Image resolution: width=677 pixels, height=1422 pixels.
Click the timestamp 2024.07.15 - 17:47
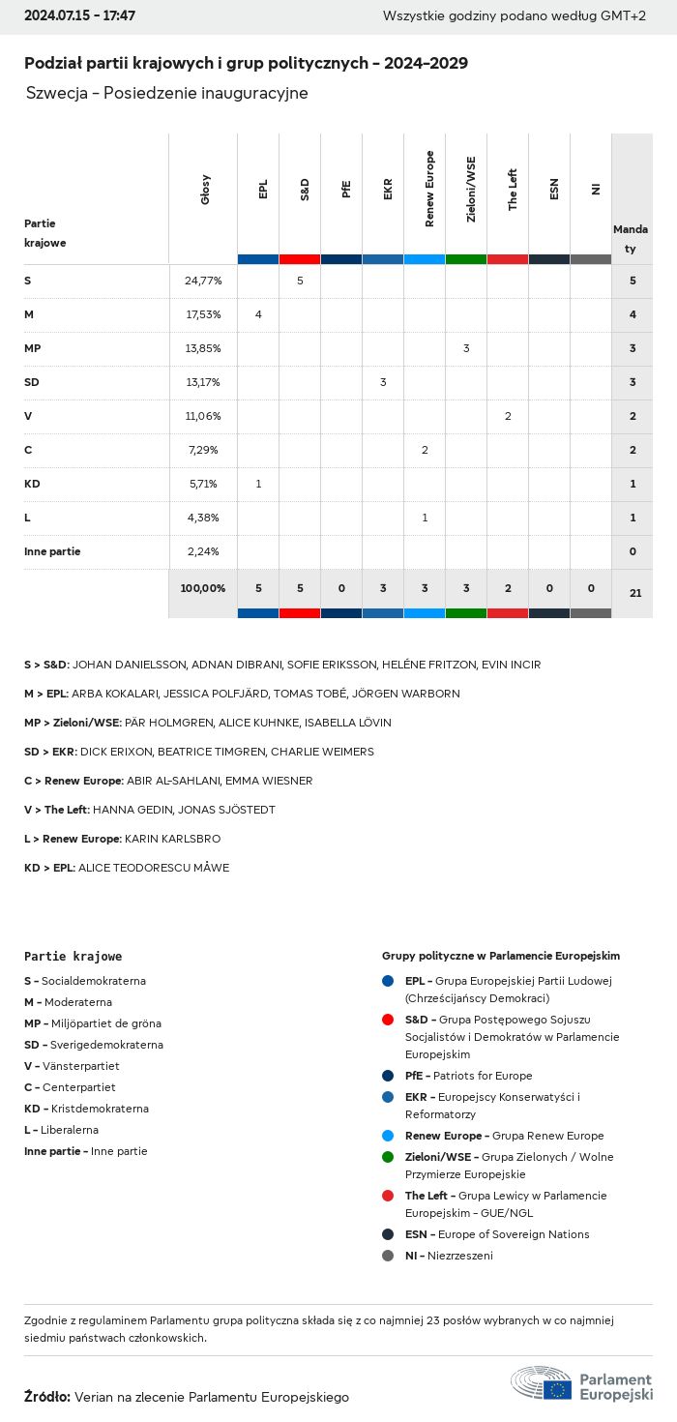79,16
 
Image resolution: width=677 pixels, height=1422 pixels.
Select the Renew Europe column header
429,189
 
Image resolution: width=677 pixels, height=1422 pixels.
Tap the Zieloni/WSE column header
471,189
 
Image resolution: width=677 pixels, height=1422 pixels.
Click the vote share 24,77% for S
203,281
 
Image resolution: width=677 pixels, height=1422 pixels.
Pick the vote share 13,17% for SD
203,382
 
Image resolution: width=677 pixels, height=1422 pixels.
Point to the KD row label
32,484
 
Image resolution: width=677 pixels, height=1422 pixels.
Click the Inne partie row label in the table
52,551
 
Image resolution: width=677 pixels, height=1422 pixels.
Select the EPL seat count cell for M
258,314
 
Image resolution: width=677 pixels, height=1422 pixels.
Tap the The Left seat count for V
508,416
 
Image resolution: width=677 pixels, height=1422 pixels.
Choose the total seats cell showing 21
635,593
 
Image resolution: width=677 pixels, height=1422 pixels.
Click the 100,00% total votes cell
203,588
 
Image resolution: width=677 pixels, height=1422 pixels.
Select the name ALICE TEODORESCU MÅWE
154,868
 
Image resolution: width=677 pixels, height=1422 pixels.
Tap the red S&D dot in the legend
388,1020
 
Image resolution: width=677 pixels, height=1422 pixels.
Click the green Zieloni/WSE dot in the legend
388,1157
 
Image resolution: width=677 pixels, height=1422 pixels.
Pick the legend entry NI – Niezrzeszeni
449,1256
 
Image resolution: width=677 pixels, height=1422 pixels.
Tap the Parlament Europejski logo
581,1385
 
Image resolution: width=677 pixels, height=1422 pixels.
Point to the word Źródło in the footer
46,1397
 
